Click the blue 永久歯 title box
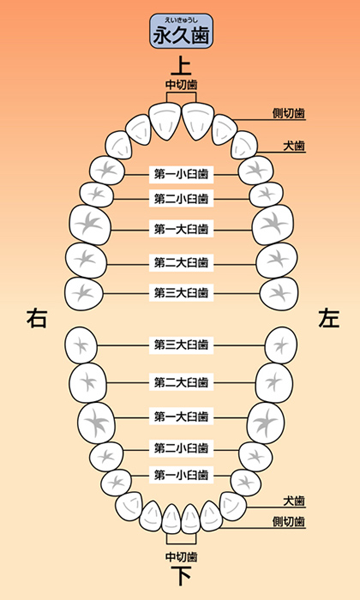coord(181,31)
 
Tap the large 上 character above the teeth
coord(181,65)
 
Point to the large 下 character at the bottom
coord(181,576)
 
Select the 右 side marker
coord(37,319)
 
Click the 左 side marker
coord(329,319)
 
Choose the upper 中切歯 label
coord(182,85)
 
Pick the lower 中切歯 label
coord(182,557)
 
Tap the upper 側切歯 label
coord(289,113)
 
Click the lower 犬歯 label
coord(294,501)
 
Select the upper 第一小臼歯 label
coord(182,174)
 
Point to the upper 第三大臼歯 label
coord(182,293)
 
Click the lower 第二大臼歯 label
coord(182,382)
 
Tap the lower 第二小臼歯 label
coord(182,447)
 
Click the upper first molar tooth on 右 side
coord(90,225)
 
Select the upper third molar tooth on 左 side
coord(279,293)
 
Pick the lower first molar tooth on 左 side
coord(266,423)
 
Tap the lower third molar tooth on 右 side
coord(81,345)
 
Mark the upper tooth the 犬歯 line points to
coord(244,145)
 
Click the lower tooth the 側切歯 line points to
coord(211,516)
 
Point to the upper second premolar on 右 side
coord(97,195)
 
